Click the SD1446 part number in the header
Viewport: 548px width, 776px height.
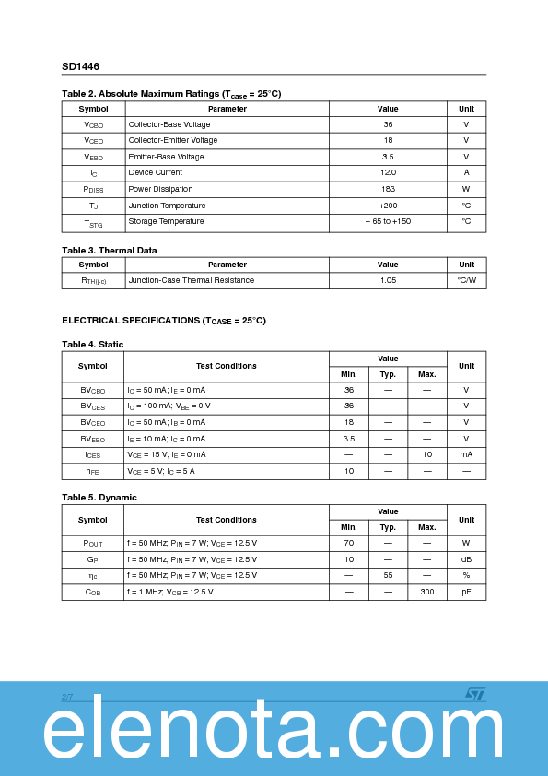point(80,66)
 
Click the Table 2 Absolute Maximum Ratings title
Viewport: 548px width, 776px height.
point(171,94)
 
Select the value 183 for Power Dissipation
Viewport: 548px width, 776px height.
point(388,189)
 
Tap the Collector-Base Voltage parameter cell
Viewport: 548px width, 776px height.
point(169,124)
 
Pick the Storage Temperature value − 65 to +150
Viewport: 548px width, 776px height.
point(388,221)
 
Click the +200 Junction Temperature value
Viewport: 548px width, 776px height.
point(388,206)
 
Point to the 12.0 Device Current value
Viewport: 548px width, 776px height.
point(388,172)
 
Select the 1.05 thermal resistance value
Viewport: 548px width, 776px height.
point(388,280)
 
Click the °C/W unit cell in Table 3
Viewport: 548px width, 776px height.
point(466,280)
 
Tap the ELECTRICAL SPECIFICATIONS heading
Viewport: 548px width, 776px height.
point(163,321)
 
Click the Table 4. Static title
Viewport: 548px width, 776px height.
point(92,345)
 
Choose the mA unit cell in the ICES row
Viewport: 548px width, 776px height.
point(466,454)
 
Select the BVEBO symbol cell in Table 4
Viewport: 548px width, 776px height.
point(93,439)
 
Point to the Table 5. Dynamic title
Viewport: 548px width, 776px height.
point(99,498)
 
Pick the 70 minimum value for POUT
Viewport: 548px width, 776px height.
point(349,543)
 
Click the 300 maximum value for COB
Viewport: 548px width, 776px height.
point(426,592)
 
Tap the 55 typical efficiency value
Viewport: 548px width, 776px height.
point(388,575)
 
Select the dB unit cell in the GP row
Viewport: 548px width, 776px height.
point(466,559)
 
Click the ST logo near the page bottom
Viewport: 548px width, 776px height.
point(473,694)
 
